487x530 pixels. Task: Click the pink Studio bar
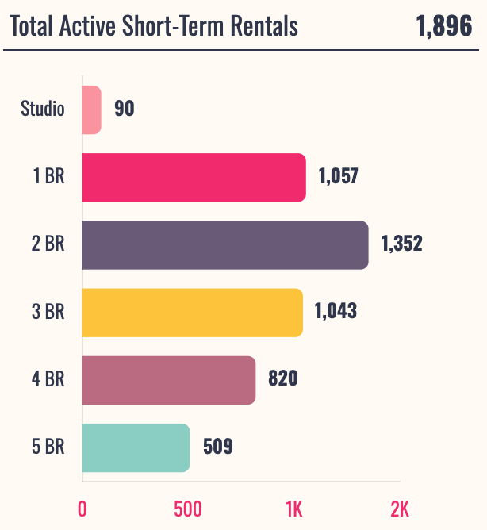click(x=91, y=109)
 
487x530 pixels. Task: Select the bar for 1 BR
click(x=194, y=177)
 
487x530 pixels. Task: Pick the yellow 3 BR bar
click(x=192, y=312)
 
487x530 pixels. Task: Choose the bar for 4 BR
click(x=168, y=380)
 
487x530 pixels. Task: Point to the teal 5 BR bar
click(x=136, y=447)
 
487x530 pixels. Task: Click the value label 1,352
click(x=402, y=244)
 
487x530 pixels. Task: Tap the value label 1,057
click(x=339, y=176)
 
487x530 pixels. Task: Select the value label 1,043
click(x=336, y=311)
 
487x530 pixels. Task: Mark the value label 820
click(x=283, y=379)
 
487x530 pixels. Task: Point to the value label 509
click(x=217, y=447)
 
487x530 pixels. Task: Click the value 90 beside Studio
click(x=124, y=109)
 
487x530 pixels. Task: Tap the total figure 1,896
click(x=443, y=26)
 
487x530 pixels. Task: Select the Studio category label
click(x=43, y=109)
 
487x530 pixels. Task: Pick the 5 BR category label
click(x=48, y=447)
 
